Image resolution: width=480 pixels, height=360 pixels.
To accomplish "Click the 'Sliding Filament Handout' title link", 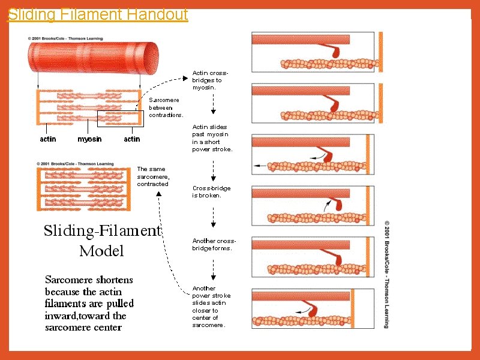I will (98, 14).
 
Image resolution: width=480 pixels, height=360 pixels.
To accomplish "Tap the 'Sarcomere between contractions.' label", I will (166, 107).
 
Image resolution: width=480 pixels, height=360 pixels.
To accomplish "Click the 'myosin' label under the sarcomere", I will (89, 139).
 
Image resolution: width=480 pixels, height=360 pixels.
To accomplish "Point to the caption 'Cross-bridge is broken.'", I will (211, 191).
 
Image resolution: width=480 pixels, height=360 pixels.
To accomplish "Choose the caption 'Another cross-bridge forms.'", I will (212, 244).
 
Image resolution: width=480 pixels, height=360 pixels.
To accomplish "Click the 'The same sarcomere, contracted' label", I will (153, 176).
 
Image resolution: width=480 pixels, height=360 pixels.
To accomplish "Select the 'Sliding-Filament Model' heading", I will (102, 241).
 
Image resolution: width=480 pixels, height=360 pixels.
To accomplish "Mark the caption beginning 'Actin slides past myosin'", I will (212, 138).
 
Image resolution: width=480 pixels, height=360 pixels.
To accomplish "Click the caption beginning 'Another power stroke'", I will (211, 307).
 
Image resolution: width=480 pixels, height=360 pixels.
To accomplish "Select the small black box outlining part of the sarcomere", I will (131, 119).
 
